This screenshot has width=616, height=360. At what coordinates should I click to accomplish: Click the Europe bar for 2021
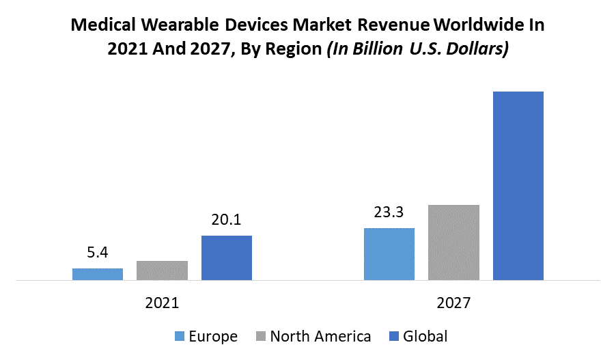coord(98,274)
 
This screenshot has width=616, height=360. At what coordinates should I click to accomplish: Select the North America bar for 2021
coord(162,271)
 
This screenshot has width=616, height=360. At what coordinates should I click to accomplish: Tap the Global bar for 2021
coord(226,258)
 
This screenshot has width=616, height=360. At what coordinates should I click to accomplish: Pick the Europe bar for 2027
coord(389,254)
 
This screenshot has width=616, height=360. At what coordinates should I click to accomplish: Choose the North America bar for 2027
coord(453,243)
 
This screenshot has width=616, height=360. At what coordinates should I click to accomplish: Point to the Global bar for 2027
coord(518,186)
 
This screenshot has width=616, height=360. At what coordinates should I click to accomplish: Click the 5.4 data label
coord(98,253)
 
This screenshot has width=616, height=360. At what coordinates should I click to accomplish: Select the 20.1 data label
coord(226,220)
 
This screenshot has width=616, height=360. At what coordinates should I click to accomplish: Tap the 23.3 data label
coord(389,212)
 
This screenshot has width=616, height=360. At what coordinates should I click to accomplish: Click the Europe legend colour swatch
coord(180,336)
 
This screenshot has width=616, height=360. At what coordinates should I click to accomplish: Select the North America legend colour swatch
coord(261,336)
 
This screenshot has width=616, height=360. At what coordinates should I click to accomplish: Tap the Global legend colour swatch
coord(393,336)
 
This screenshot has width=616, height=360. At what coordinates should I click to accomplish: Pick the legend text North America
coord(320,336)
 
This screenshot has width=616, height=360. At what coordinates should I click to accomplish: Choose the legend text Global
coord(425,336)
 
